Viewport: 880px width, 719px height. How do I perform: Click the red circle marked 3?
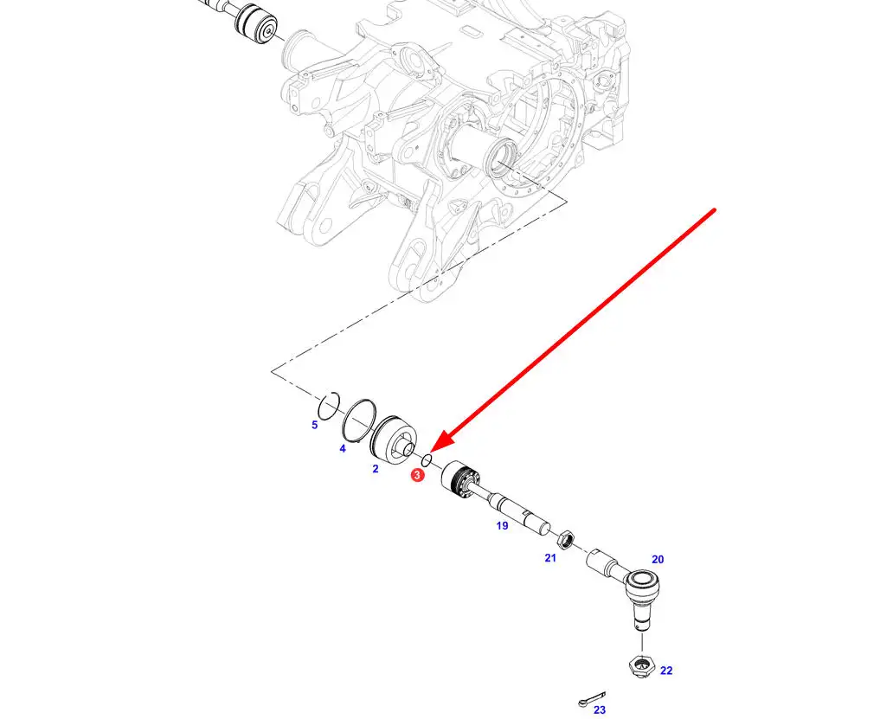417,475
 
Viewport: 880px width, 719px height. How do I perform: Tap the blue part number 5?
314,425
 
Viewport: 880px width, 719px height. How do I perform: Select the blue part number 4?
343,448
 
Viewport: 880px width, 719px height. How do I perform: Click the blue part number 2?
376,469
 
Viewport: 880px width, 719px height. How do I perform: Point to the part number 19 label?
502,525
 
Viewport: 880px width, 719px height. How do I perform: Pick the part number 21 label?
550,557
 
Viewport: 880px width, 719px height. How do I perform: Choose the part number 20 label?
658,559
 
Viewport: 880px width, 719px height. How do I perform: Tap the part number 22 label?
666,671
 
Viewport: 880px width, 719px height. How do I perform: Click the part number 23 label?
600,710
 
